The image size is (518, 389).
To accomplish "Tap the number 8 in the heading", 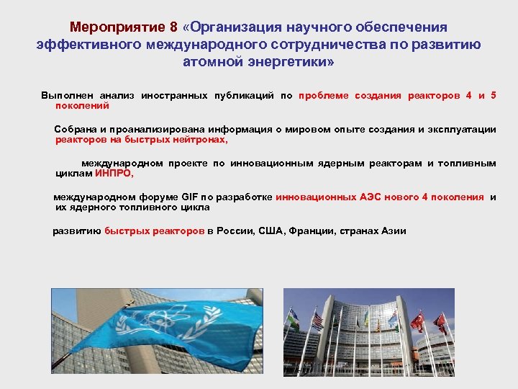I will (x=173, y=27).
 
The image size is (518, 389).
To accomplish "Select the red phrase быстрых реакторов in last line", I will (x=154, y=231).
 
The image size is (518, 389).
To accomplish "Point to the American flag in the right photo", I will (x=316, y=321).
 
